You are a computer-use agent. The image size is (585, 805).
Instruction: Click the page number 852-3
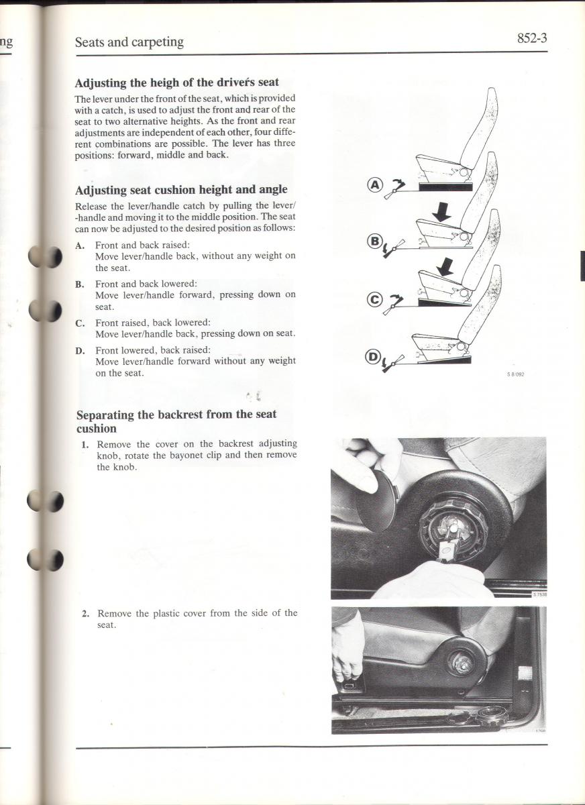[x=532, y=39]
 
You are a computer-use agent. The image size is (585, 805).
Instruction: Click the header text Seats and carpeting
[x=129, y=42]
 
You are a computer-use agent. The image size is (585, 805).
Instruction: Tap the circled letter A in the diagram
[x=375, y=184]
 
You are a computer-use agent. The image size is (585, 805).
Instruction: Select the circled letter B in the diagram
[x=375, y=240]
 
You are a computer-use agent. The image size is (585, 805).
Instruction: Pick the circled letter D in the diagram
[x=372, y=357]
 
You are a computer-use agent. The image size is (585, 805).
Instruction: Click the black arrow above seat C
[x=445, y=268]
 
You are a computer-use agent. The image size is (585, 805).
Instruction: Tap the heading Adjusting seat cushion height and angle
[x=181, y=190]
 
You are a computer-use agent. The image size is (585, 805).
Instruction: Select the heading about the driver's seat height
[x=177, y=83]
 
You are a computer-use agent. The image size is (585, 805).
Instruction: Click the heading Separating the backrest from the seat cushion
[x=176, y=421]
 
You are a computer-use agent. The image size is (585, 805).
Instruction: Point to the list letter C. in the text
[x=81, y=323]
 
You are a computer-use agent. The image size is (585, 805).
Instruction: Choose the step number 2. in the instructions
[x=85, y=613]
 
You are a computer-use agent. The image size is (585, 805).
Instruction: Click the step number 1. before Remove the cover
[x=85, y=444]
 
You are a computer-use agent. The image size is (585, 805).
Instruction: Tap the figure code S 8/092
[x=515, y=374]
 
